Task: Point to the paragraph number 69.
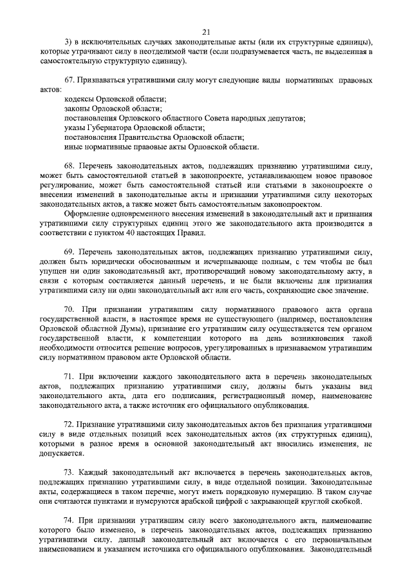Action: [69, 250]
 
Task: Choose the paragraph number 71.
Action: [69, 376]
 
